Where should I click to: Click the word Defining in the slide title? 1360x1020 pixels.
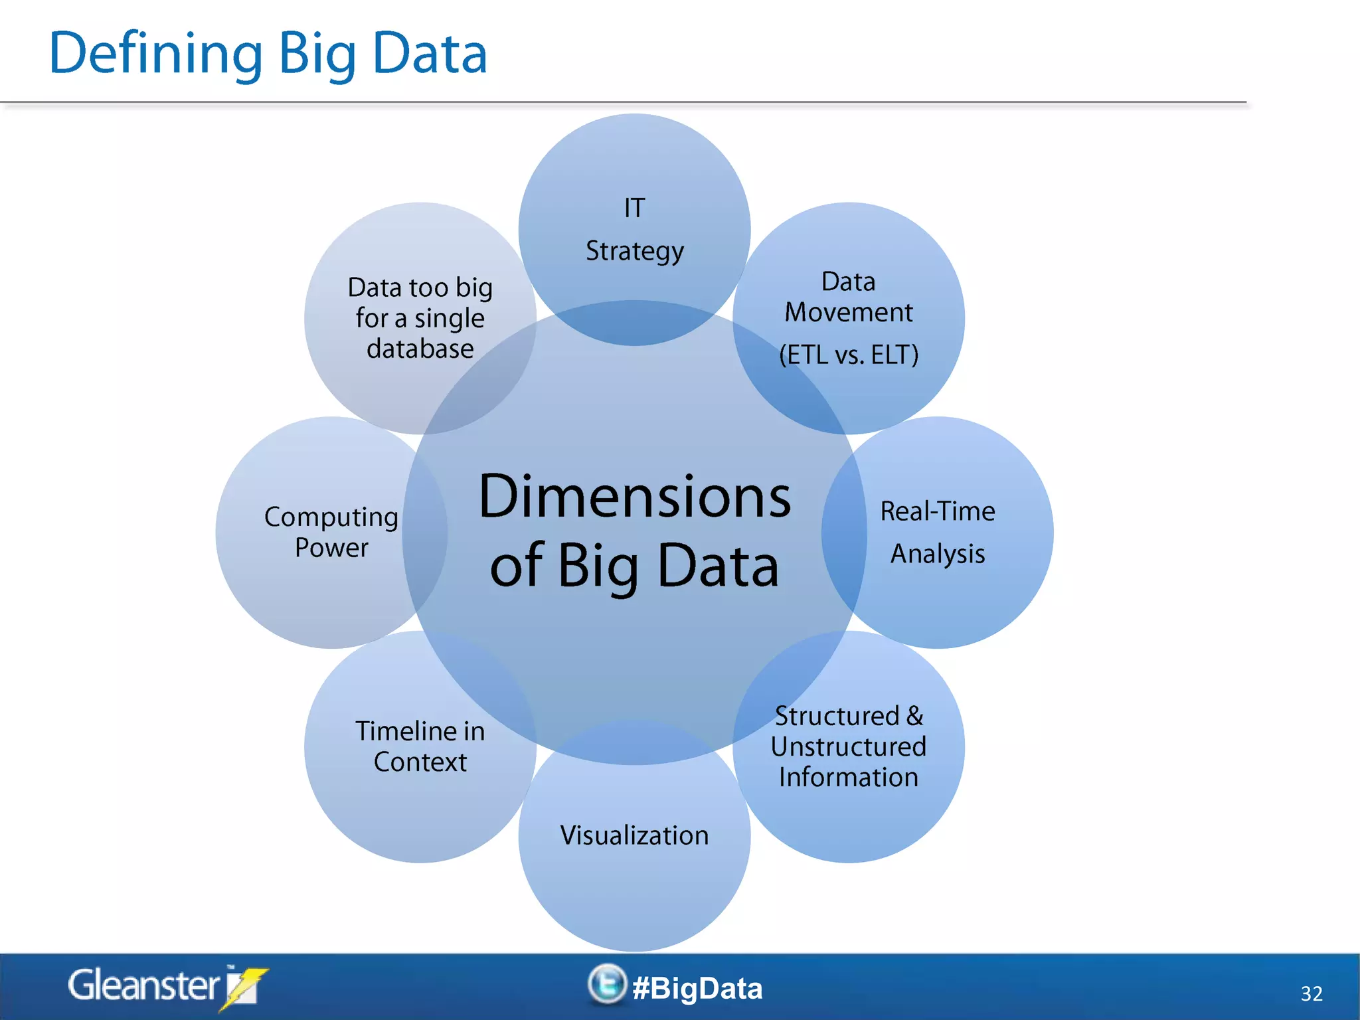(156, 54)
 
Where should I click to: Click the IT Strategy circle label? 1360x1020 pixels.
(634, 230)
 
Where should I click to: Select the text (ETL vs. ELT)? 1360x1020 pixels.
(849, 355)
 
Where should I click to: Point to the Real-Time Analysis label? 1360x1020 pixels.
(937, 533)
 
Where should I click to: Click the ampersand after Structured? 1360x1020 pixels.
(914, 716)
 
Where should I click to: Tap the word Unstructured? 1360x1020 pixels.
(848, 746)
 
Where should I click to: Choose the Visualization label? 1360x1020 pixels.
(634, 835)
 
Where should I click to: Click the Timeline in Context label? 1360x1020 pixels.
(420, 746)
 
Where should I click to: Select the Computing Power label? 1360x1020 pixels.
(331, 533)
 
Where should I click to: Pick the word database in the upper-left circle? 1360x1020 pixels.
(420, 349)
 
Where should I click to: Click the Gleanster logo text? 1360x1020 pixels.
(143, 985)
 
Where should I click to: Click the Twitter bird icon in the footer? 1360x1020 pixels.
(606, 983)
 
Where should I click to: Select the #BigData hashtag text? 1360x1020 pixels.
(697, 988)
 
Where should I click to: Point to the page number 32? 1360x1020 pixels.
(1311, 993)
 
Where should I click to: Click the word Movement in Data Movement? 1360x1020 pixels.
(848, 312)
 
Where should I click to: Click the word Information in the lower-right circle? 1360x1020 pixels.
(848, 778)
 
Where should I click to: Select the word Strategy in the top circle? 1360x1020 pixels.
(634, 252)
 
